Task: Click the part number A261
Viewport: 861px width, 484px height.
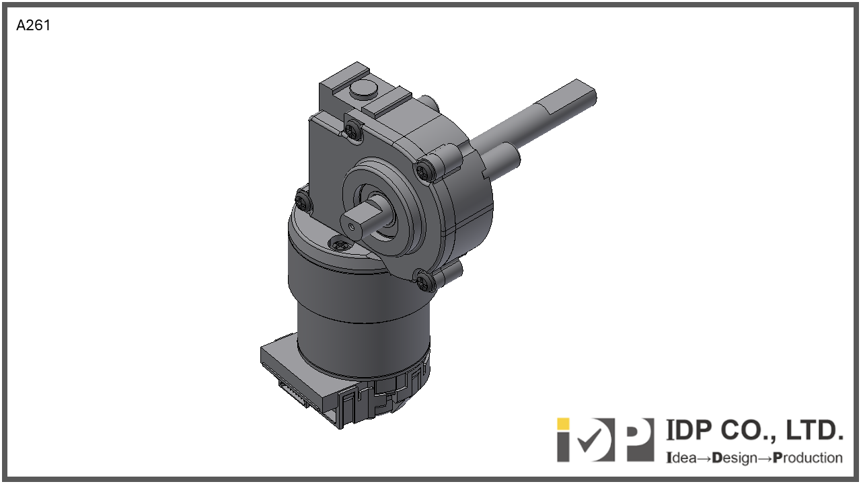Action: coord(33,26)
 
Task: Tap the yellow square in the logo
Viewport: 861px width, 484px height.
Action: coord(563,424)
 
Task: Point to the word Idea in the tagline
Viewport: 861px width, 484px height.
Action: coord(681,458)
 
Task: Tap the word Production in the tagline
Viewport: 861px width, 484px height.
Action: coord(808,458)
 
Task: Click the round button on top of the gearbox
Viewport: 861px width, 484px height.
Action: coord(363,91)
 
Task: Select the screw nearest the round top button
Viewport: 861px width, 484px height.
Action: coord(353,131)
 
